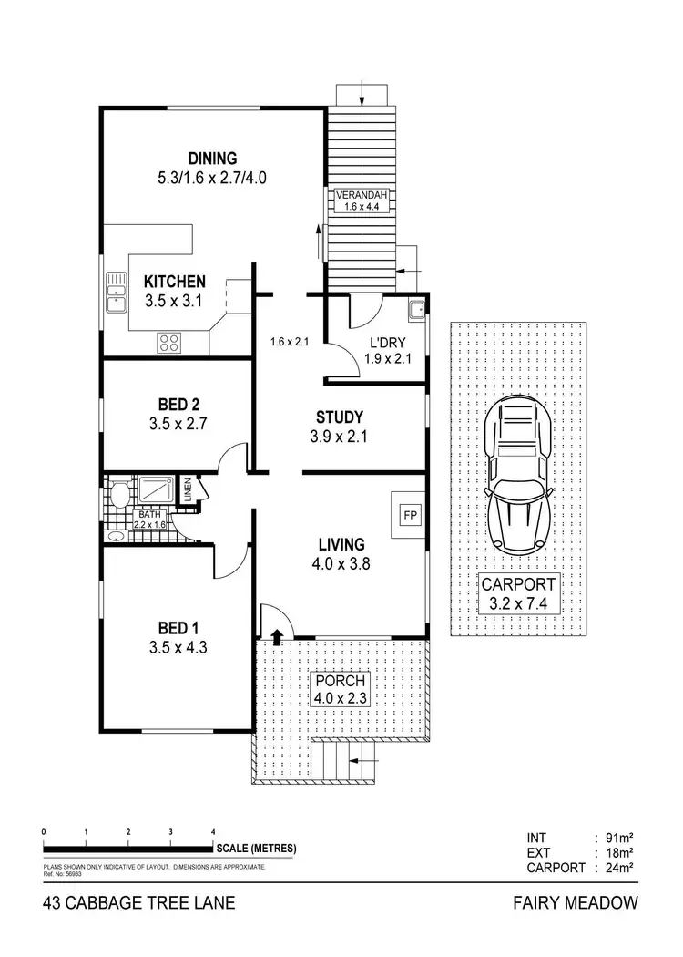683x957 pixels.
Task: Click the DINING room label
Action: [211, 157]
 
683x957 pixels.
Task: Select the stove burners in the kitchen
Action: [170, 342]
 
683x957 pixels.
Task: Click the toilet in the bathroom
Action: [118, 495]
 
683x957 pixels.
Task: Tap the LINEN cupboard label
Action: [188, 489]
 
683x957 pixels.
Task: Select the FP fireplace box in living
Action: [407, 512]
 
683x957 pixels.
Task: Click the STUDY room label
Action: [338, 417]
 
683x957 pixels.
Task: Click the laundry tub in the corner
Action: [416, 308]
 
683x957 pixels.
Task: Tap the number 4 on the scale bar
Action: [213, 833]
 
